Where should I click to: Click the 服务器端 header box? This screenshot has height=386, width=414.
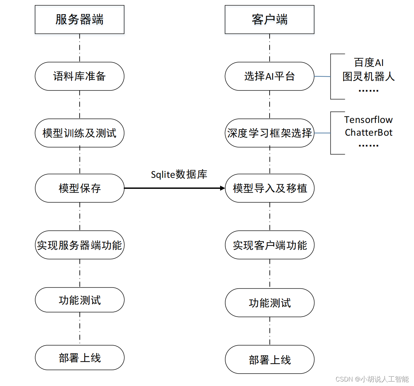point(79,19)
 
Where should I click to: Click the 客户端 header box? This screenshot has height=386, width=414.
point(270,19)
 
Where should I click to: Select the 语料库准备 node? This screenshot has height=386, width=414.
point(79,76)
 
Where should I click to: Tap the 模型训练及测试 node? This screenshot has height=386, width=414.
point(79,133)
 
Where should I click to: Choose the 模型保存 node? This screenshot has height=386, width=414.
point(79,188)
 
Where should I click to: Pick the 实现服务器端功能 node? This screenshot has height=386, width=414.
point(79,245)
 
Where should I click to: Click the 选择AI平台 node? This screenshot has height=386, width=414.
point(270,76)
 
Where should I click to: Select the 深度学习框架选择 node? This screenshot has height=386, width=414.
point(270,133)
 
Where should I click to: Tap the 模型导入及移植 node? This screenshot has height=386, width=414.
point(270,188)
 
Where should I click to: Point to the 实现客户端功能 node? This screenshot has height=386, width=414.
point(270,245)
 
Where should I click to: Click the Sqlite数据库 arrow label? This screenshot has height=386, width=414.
point(179,175)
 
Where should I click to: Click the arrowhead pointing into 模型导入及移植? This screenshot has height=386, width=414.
point(223,188)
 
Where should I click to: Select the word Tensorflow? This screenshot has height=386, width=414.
point(368,120)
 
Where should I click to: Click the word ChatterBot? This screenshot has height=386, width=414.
point(368,133)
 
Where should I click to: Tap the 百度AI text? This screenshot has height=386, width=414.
point(368,62)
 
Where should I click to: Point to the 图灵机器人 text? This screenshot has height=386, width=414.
point(368,77)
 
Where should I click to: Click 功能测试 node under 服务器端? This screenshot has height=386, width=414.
point(79,300)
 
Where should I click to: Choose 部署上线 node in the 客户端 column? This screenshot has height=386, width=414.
point(270,360)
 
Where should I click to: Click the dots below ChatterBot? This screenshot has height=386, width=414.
point(368,146)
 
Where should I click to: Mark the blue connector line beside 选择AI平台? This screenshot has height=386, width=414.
point(322,76)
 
